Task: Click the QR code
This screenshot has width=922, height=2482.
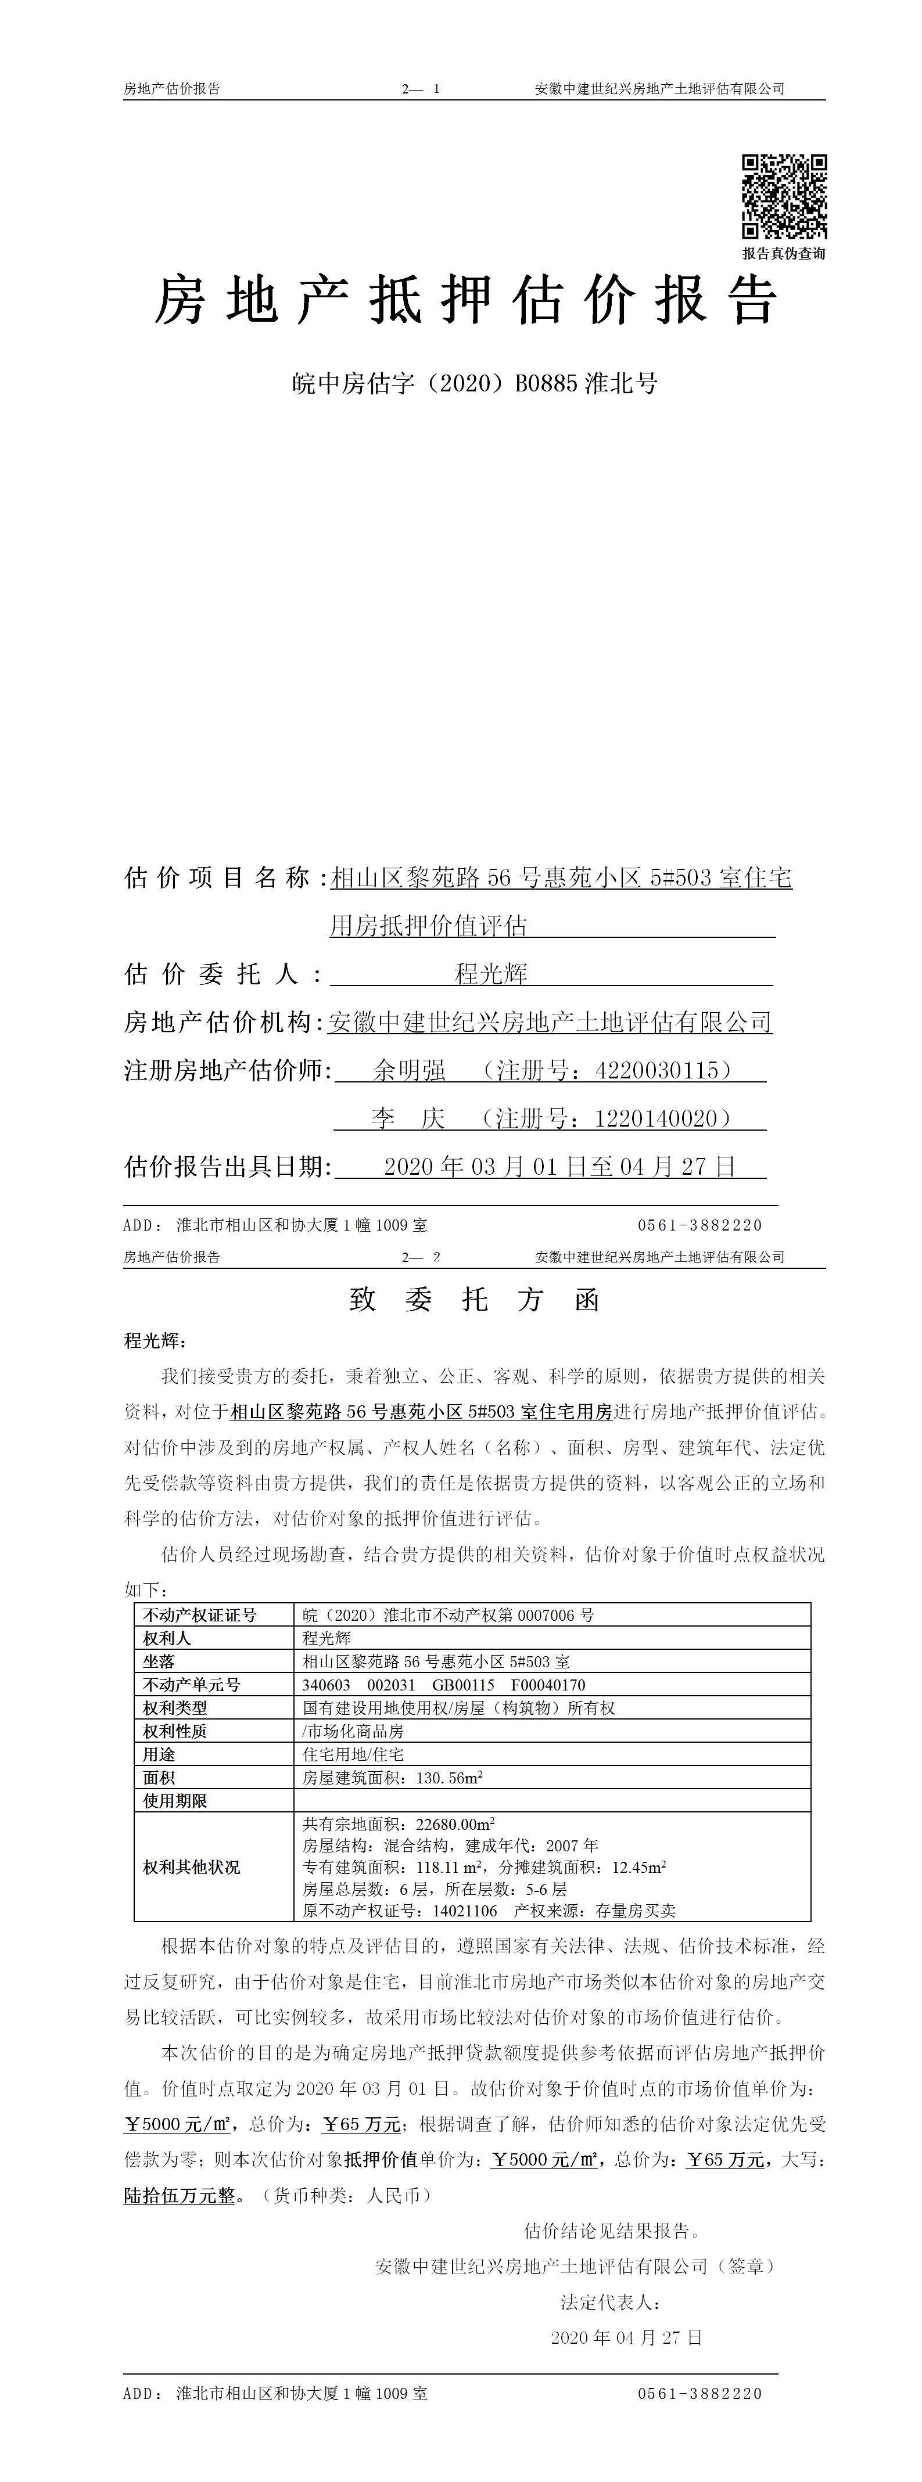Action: [x=783, y=196]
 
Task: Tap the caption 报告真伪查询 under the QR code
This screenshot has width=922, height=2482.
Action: [x=783, y=253]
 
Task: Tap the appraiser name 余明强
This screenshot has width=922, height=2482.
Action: [x=410, y=1070]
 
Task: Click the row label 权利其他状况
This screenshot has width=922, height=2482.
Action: [x=192, y=1866]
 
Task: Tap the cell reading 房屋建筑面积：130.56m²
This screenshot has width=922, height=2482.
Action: [x=392, y=1778]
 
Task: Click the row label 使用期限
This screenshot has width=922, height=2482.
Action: [x=175, y=1801]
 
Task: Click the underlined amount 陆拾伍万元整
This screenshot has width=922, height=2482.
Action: [x=180, y=2195]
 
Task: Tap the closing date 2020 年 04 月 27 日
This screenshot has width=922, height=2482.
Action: [x=626, y=2337]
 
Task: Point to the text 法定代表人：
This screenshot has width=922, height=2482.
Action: [x=611, y=2302]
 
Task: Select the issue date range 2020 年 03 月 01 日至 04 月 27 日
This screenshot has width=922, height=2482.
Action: [x=559, y=1167]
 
